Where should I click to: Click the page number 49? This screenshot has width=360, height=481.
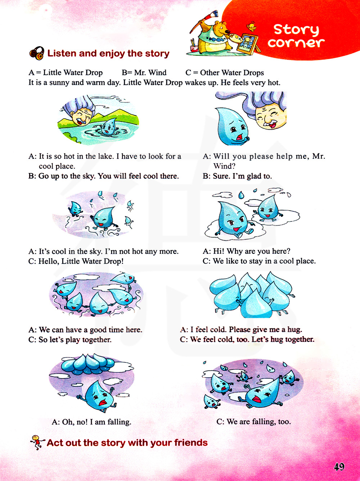pos(339,467)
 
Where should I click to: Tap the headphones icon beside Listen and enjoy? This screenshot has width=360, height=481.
pos(37,53)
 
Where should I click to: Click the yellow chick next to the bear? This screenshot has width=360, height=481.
pos(252,27)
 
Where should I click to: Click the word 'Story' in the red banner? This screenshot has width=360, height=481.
pos(296,30)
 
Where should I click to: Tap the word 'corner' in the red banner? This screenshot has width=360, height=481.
pos(296,43)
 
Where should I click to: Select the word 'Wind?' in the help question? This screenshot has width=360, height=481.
pos(224,166)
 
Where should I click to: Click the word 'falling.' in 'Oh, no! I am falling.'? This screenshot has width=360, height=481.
pos(119,422)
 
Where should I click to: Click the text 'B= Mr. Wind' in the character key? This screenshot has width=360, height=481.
pos(144,72)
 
